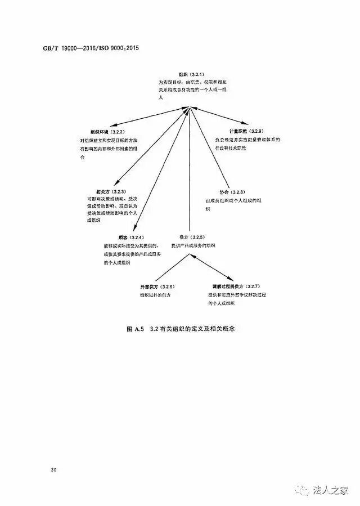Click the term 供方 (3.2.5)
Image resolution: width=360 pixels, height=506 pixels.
tap(192, 236)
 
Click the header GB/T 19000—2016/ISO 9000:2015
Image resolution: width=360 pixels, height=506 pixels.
tap(90, 48)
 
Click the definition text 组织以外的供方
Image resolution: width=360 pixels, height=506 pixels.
tap(156, 295)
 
